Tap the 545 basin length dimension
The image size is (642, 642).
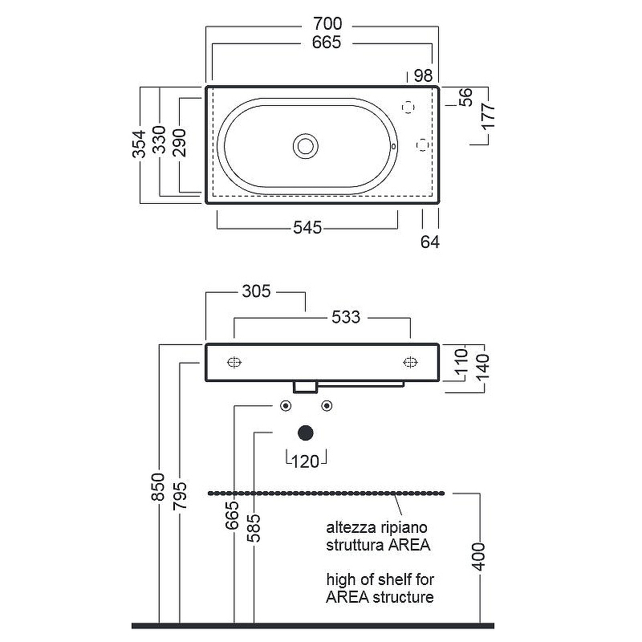pyautogui.click(x=307, y=228)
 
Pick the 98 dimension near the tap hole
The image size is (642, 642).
pyautogui.click(x=422, y=76)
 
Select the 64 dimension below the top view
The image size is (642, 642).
pyautogui.click(x=430, y=241)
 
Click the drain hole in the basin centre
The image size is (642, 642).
pyautogui.click(x=306, y=145)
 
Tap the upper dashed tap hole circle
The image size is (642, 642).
pyautogui.click(x=408, y=107)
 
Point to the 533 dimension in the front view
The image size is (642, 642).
pyautogui.click(x=346, y=318)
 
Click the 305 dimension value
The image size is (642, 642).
pyautogui.click(x=256, y=291)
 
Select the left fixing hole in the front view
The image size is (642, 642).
pyautogui.click(x=234, y=362)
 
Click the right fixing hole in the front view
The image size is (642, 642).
pyautogui.click(x=410, y=362)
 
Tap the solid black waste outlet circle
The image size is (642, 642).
pyautogui.click(x=306, y=433)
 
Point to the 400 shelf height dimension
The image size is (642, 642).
pyautogui.click(x=479, y=555)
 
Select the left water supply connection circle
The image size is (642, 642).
pyautogui.click(x=285, y=406)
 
